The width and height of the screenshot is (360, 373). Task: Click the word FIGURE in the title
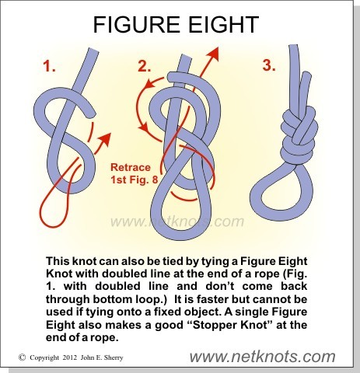tap(136, 24)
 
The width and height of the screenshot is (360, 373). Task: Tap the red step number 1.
tap(49, 66)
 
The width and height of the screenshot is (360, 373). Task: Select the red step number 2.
tap(145, 66)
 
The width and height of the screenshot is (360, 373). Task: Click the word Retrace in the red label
tap(131, 167)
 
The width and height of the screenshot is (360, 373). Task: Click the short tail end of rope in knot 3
tap(306, 75)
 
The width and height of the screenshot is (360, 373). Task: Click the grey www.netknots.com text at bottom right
tap(262, 357)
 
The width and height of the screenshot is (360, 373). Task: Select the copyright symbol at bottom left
tap(23, 357)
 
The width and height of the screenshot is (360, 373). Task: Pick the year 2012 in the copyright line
tap(69, 357)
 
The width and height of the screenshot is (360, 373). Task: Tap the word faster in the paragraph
tap(210, 299)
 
